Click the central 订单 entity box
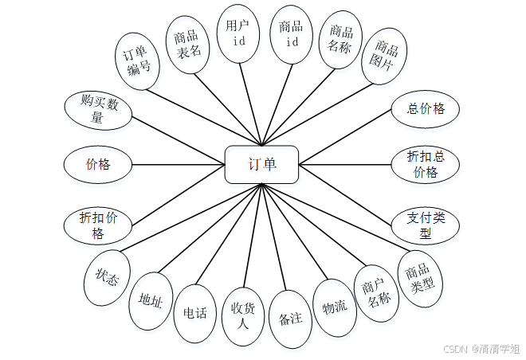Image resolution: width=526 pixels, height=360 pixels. click(261, 165)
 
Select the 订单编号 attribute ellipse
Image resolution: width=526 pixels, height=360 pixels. click(138, 62)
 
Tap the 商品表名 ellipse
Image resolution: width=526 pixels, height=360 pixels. click(188, 44)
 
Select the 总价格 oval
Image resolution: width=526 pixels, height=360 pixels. click(426, 110)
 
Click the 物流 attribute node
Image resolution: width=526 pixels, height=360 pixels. click(334, 307)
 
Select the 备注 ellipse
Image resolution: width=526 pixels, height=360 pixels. click(290, 318)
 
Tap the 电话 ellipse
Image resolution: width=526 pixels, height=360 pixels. click(195, 313)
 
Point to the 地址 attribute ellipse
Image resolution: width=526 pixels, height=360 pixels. click(150, 300)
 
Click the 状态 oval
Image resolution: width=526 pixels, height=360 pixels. click(108, 280)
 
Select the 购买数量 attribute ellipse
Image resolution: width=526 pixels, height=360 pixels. click(99, 111)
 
